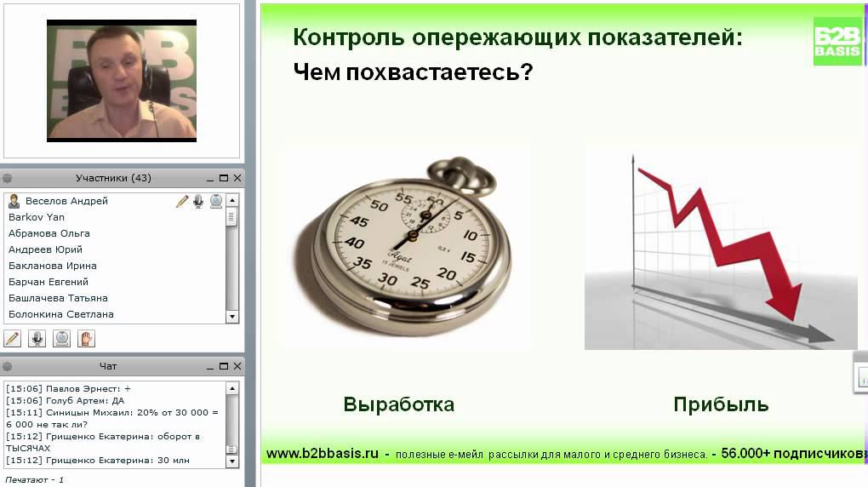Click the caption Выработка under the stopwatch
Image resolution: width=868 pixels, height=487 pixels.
(398, 404)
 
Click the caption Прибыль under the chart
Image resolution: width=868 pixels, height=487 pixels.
(721, 404)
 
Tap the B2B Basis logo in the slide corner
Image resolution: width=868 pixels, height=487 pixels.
(837, 41)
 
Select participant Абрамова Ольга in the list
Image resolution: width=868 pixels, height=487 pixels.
(49, 233)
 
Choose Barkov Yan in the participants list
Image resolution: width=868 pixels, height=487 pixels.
(37, 217)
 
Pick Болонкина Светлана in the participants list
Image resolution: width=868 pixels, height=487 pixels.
(61, 314)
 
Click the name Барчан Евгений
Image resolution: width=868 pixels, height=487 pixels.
(49, 282)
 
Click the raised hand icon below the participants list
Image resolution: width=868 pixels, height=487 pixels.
(86, 338)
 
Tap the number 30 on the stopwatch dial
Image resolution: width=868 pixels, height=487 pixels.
(388, 278)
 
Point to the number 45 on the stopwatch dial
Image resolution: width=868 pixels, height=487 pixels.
(360, 222)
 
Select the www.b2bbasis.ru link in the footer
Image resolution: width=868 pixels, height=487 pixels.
(322, 454)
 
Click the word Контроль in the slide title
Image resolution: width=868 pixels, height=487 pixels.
(348, 38)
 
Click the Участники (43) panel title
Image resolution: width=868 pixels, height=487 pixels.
(113, 178)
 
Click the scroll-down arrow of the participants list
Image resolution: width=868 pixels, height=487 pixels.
(231, 317)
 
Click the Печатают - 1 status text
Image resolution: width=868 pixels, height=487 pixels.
(35, 479)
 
